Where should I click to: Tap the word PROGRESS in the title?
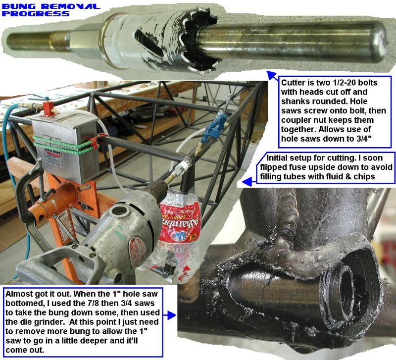click(x=36, y=13)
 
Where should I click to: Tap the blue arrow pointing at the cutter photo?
click(x=272, y=75)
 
